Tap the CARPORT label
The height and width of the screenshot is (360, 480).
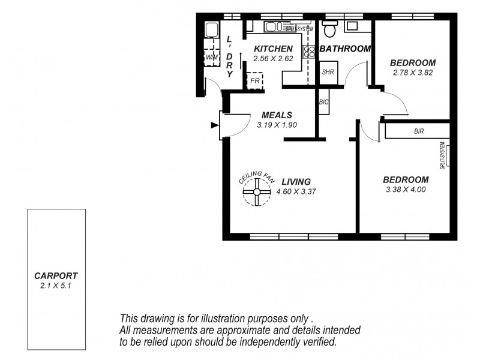coord(56,276)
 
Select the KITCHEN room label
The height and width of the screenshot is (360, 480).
coord(273,49)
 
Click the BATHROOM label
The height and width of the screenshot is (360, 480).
coord(344,49)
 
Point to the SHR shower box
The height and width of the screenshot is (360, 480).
coord(328,71)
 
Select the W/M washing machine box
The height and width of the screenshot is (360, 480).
coord(212,57)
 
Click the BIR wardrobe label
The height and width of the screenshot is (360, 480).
coord(419,131)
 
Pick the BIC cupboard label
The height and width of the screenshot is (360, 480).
coord(324,103)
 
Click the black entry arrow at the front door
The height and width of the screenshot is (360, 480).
coord(214,125)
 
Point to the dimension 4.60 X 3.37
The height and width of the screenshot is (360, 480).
coord(296,192)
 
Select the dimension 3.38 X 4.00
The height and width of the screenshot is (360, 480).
coord(406,190)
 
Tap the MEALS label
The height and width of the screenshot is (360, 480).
coord(277,115)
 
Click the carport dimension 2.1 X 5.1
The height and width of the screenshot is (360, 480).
coord(56,286)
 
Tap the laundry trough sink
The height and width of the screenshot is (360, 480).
coord(211,29)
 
